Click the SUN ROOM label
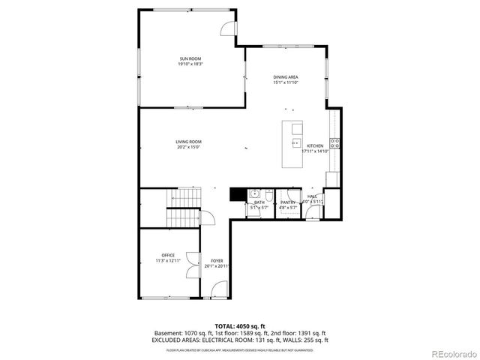click(190, 58)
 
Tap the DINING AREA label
click(285, 77)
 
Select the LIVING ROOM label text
click(189, 142)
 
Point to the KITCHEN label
click(314, 145)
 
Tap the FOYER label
click(217, 260)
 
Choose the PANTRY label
click(288, 202)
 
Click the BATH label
click(259, 202)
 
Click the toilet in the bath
click(264, 193)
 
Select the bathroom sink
click(254, 193)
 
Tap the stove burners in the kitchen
click(337, 142)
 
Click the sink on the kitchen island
click(296, 142)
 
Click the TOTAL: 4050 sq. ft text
click(240, 326)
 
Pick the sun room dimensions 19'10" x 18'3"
click(190, 64)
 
